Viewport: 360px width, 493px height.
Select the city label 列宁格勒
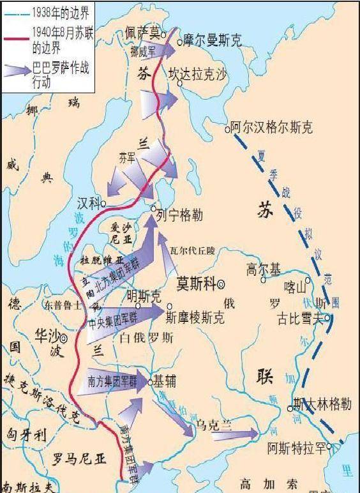point(180,215)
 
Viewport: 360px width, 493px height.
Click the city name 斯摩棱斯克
point(195,315)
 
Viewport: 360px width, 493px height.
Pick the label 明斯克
point(144,296)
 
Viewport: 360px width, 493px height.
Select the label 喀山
point(296,288)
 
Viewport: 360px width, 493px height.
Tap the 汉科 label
point(89,203)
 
